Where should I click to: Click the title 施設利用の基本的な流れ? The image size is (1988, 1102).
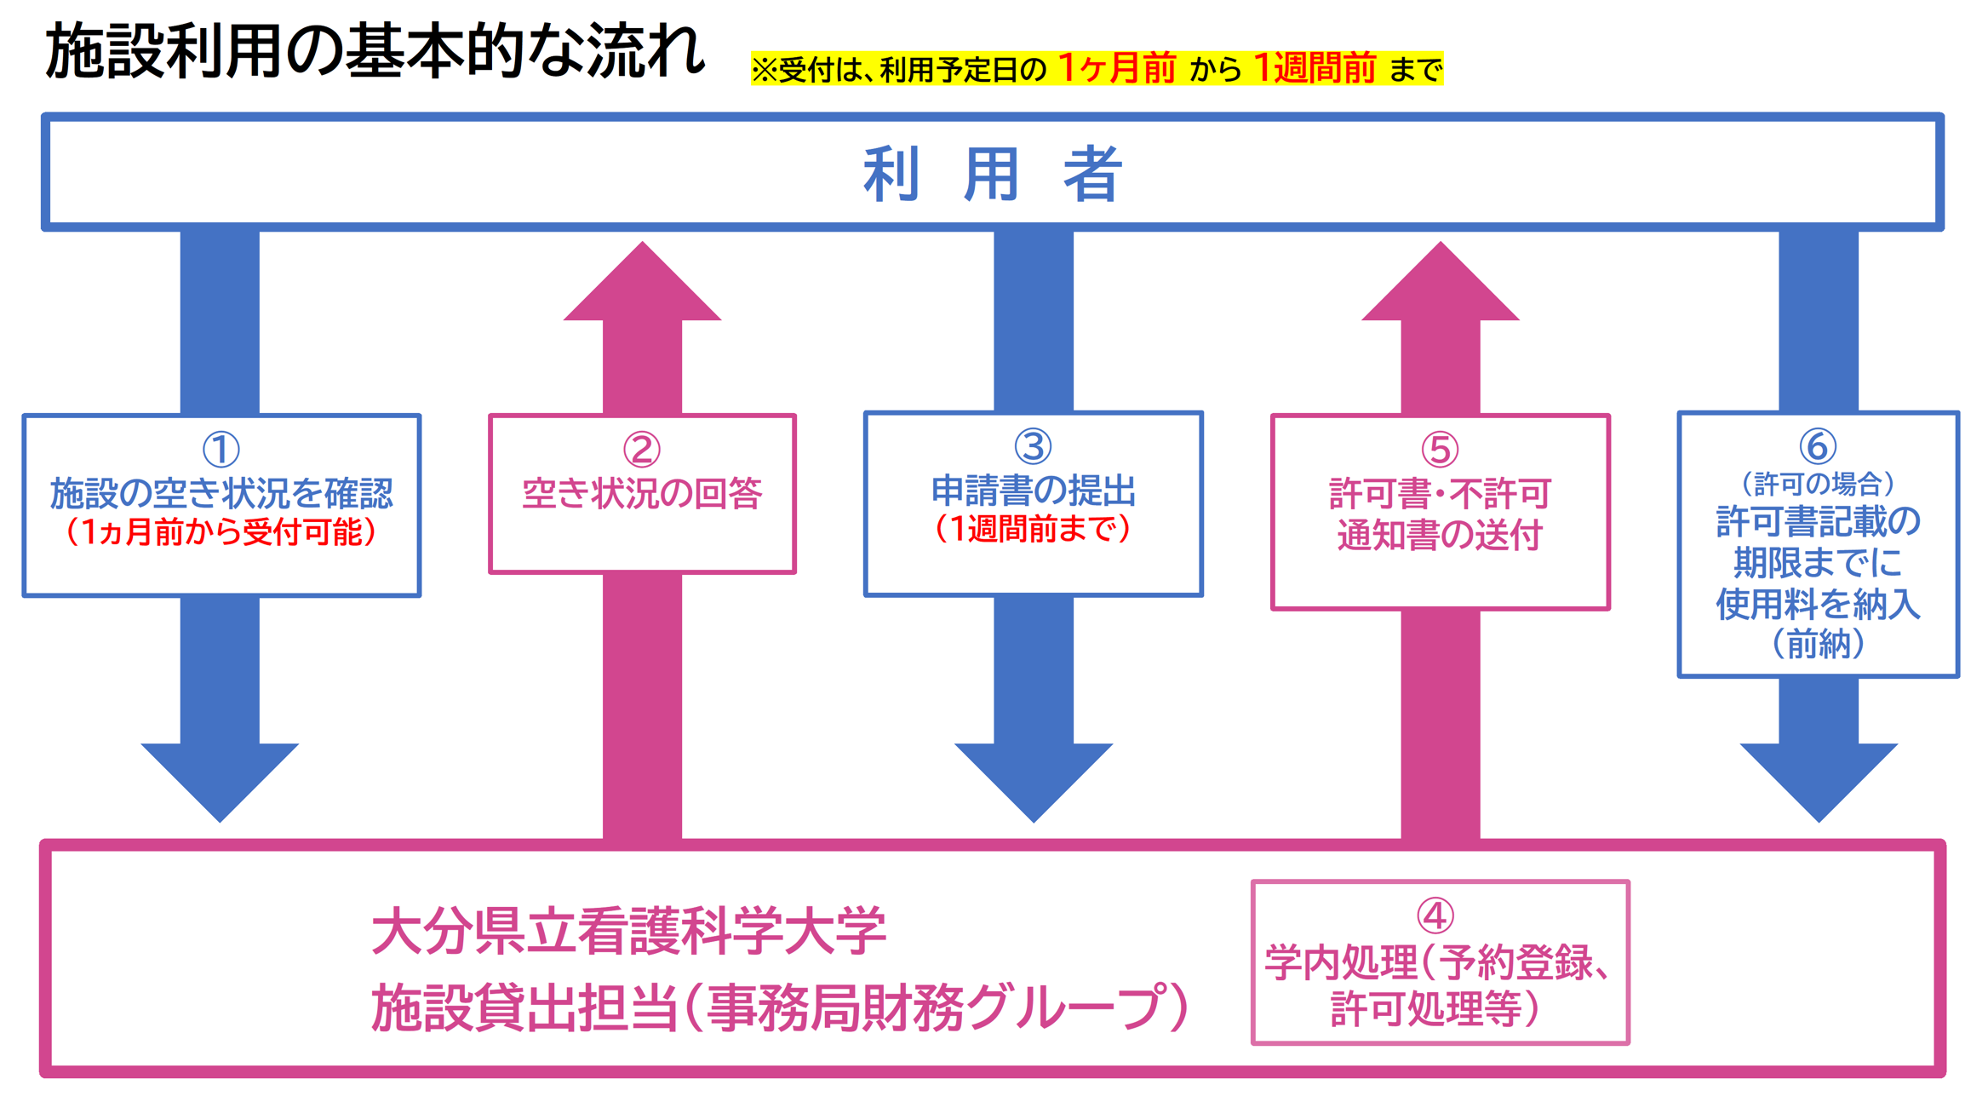pos(375,51)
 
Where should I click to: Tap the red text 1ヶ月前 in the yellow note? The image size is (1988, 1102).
pos(1116,68)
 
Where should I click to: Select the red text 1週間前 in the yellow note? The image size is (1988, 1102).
pos(1314,68)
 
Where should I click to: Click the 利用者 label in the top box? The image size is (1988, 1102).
pos(993,173)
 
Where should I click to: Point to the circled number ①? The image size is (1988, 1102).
pos(221,450)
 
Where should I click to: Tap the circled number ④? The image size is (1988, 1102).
pos(1435,915)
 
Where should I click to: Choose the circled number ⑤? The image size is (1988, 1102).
pos(1440,450)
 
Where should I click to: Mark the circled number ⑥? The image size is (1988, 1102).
pos(1817,446)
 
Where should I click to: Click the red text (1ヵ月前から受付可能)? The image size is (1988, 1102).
pos(221,532)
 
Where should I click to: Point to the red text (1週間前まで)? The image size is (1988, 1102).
pos(1033,529)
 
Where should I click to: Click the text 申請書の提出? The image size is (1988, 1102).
pos(1033,491)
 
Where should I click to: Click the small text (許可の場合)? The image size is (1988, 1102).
pos(1818,484)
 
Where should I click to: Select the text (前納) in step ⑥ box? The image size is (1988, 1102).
pos(1818,644)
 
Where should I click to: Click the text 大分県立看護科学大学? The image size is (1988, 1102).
pos(629,931)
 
